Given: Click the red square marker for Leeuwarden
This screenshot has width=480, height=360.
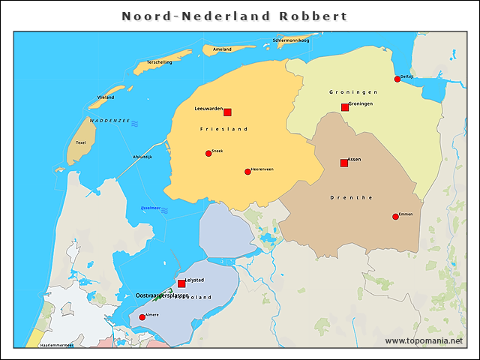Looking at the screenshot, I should click(227, 112).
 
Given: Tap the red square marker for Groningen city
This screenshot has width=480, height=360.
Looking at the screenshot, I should click(345, 108).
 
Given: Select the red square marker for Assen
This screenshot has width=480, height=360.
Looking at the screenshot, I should click(344, 163).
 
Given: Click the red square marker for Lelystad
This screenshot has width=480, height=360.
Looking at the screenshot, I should click(181, 283).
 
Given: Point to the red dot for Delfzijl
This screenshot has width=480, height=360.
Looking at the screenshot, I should click(397, 79).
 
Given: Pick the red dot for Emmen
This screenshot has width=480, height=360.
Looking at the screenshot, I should click(395, 217).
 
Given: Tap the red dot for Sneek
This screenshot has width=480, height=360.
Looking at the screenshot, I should click(208, 154).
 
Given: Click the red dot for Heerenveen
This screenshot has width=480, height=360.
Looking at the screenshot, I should click(247, 172).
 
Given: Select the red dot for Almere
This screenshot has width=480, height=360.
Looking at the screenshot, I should click(142, 317).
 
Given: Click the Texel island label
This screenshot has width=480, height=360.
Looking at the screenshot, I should click(81, 142).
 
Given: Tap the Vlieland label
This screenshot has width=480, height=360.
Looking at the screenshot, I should click(106, 97).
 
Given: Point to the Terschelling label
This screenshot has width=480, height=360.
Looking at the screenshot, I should click(160, 62).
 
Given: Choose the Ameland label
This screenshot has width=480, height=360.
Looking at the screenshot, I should click(222, 49).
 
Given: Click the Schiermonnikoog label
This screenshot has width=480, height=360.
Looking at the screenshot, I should click(291, 40).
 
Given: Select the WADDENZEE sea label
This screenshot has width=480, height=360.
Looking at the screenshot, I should click(109, 120).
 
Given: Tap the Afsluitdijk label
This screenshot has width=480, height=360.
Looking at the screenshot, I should click(142, 157).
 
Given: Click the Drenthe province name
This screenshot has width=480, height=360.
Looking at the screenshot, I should click(351, 197).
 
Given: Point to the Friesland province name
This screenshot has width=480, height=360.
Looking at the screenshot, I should click(223, 129).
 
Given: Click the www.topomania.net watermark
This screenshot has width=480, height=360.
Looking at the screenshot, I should click(424, 340).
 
